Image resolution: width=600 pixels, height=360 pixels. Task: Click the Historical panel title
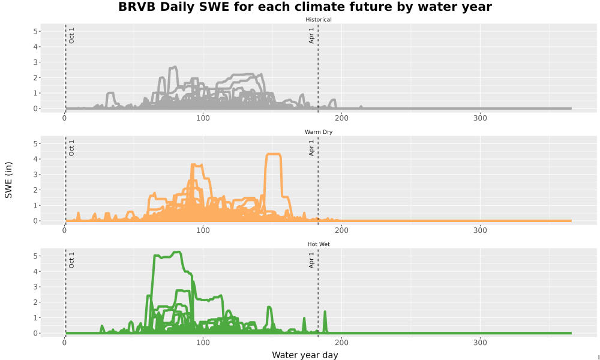tap(319, 20)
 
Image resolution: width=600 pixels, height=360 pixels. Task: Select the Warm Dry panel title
tap(319, 132)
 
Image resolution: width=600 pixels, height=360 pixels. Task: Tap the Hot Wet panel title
tap(319, 244)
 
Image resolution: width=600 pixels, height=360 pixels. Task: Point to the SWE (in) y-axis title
tap(8, 180)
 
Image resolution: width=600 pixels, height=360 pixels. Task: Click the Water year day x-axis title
tap(305, 355)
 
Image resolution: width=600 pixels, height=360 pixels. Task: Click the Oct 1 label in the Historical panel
tap(71, 35)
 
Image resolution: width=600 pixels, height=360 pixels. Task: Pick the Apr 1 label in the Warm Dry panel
tap(311, 148)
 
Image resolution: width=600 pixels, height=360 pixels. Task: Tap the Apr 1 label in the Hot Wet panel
tap(311, 260)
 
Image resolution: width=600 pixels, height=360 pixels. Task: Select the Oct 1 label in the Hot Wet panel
tap(71, 260)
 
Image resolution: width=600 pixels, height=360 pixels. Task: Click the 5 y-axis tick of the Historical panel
tap(35, 31)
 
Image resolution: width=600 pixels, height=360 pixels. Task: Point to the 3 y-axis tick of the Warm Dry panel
tap(35, 175)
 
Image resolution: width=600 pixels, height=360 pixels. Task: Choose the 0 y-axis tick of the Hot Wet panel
tap(35, 333)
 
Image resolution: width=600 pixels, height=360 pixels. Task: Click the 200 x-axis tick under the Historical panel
tap(342, 118)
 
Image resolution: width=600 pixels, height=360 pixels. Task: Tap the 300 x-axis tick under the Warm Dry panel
tap(480, 230)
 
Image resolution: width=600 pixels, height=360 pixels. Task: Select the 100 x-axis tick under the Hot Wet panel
tap(203, 343)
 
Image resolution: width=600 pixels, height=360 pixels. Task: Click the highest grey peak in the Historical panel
tap(174, 67)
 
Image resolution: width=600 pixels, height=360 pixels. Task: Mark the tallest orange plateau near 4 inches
tap(273, 154)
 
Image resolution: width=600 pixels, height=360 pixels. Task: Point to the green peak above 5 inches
tap(177, 252)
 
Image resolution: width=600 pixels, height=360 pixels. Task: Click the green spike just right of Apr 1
tap(325, 312)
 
